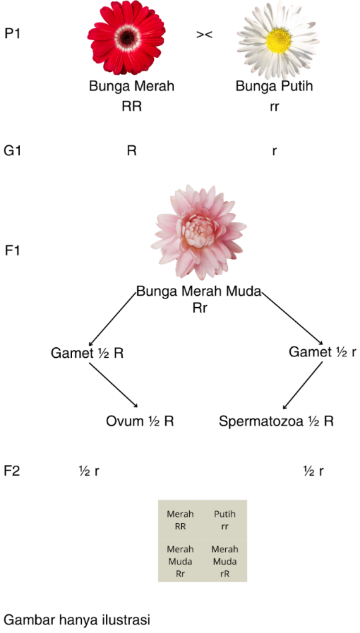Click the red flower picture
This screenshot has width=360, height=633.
pos(127,37)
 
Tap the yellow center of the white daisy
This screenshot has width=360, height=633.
pos(279,41)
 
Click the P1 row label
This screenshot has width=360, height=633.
pos(13,33)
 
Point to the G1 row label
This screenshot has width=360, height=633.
pos(13,151)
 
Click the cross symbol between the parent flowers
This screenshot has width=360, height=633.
pos(205,35)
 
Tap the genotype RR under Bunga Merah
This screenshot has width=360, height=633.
pos(132,107)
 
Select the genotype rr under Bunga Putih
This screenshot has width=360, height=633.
pos(274,108)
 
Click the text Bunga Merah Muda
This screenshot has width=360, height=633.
pos(199,291)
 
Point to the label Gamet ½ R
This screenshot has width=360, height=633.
pos(87,353)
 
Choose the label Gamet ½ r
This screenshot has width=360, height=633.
pos(323,352)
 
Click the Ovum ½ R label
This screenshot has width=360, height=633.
pos(140,422)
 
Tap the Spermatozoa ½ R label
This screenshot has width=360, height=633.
pos(277,422)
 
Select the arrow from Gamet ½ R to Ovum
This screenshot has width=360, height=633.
pos(113,386)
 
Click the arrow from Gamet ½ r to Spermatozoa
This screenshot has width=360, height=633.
pos(303,386)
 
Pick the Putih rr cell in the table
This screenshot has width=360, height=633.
pos(225,520)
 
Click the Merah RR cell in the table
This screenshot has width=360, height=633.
pos(180,520)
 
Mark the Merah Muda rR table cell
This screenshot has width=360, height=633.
pos(225,561)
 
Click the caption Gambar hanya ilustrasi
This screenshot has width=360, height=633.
pos(77,620)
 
